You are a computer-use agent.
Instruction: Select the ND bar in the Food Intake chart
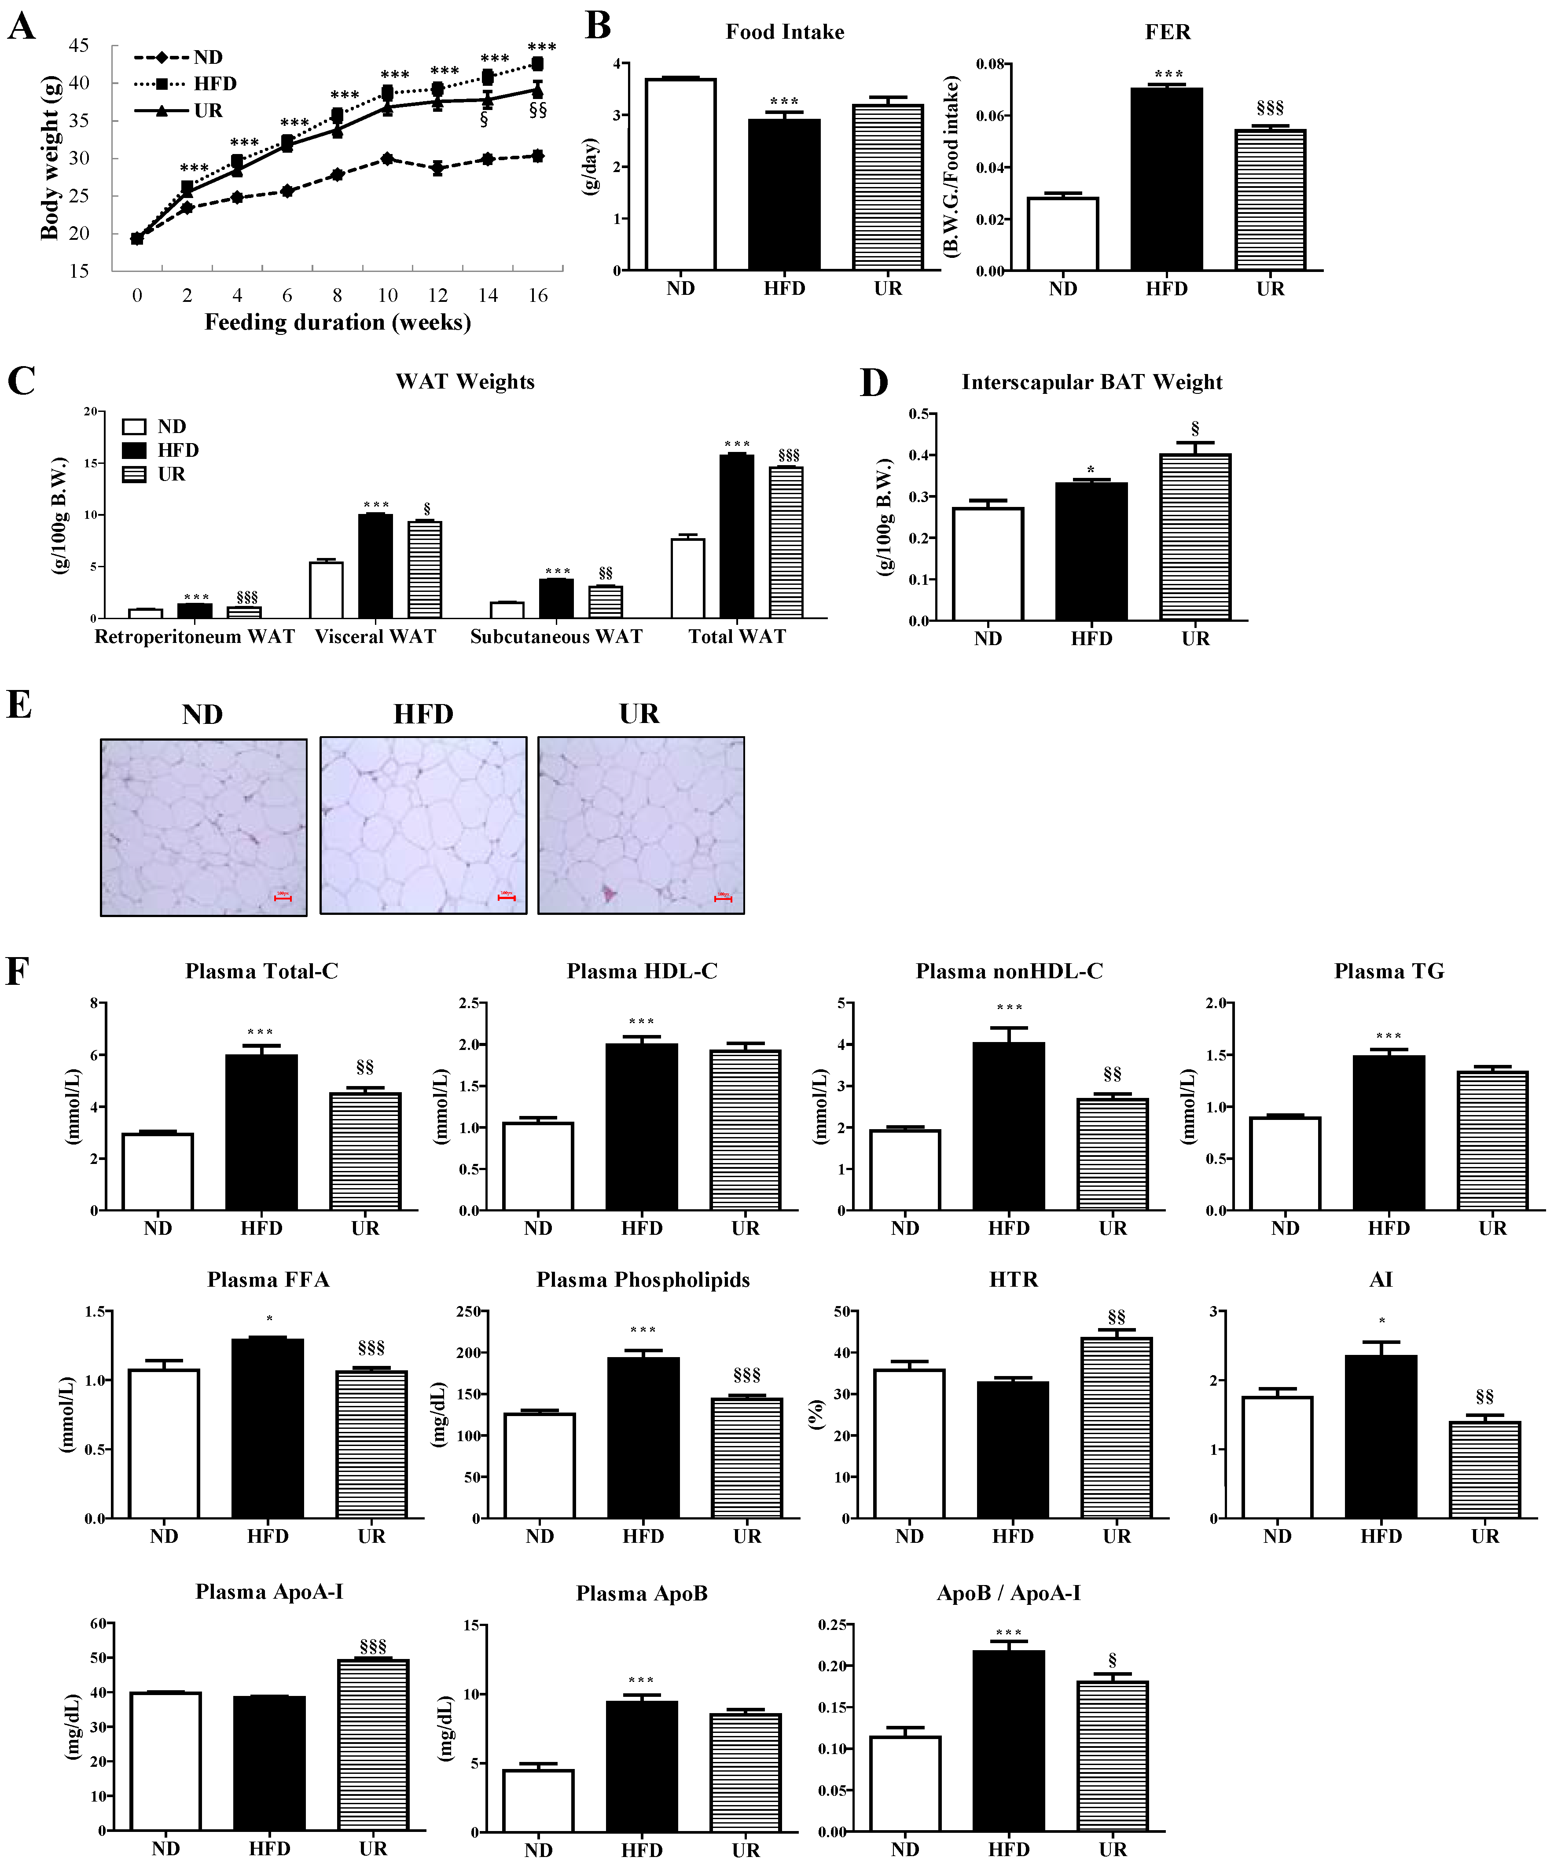[x=680, y=174]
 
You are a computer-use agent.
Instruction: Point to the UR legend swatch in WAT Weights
[x=133, y=474]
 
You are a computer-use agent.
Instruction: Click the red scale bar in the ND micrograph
[x=282, y=899]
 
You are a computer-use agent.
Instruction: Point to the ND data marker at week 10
[x=387, y=158]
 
